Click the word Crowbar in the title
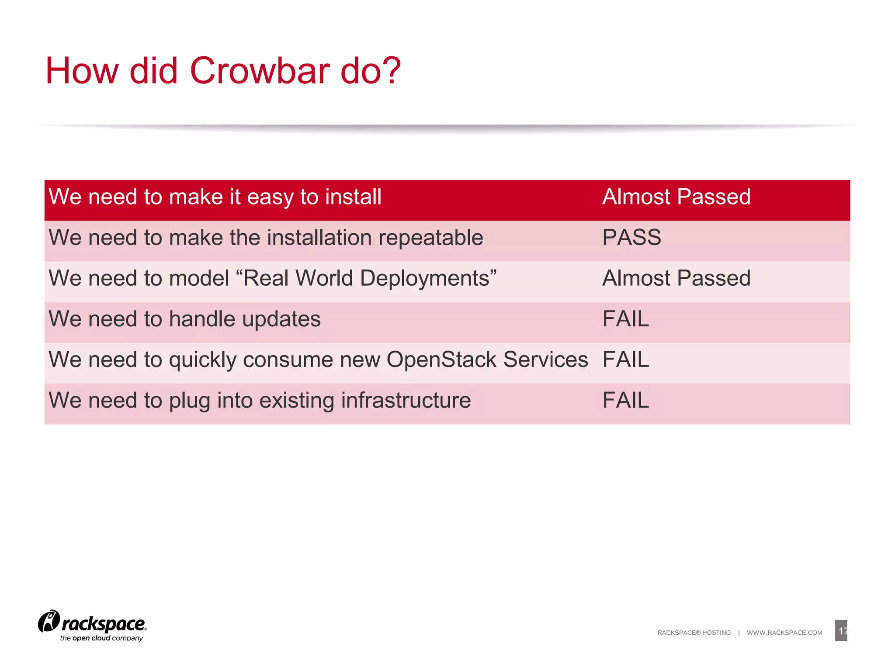tap(260, 71)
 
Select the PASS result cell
tap(631, 238)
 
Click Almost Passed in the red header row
tap(676, 197)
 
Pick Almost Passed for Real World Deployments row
tap(676, 278)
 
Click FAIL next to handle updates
tap(625, 319)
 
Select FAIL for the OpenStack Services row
tap(625, 360)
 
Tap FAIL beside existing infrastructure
tap(625, 400)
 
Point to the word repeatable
tap(430, 238)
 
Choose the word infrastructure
tap(406, 401)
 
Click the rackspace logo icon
tap(49, 621)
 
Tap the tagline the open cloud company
tap(101, 638)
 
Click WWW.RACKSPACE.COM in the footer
tap(784, 633)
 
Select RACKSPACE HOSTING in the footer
tap(694, 633)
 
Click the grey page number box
tap(841, 630)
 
